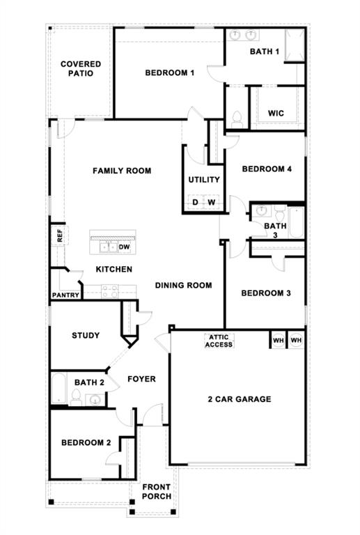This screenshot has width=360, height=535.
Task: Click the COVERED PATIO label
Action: pyautogui.click(x=81, y=68)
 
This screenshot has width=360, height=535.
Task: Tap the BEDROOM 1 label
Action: pyautogui.click(x=170, y=72)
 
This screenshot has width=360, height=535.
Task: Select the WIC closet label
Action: pyautogui.click(x=276, y=114)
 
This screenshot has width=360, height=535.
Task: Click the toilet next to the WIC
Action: pyautogui.click(x=237, y=118)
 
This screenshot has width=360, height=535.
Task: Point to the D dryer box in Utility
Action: pyautogui.click(x=195, y=201)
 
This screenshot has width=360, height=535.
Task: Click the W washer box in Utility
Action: pyautogui.click(x=212, y=201)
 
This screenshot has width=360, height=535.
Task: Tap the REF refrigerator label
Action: pyautogui.click(x=60, y=235)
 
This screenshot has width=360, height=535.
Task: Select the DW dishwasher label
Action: pyautogui.click(x=124, y=247)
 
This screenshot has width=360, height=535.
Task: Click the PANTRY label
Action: pyautogui.click(x=65, y=295)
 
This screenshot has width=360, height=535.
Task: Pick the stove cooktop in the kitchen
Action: pyautogui.click(x=110, y=291)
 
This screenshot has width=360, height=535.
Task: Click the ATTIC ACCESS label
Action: pyautogui.click(x=219, y=341)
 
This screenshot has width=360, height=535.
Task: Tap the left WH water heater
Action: pyautogui.click(x=279, y=340)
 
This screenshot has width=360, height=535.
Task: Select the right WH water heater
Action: pyautogui.click(x=296, y=340)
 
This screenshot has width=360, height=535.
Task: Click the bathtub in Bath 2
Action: pyautogui.click(x=59, y=388)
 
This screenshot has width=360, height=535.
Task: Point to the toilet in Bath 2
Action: pyautogui.click(x=76, y=398)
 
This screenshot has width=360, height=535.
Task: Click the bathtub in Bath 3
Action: pyautogui.click(x=296, y=222)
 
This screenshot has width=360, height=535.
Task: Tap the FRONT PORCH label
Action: pyautogui.click(x=157, y=492)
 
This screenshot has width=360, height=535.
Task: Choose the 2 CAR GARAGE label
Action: pyautogui.click(x=240, y=399)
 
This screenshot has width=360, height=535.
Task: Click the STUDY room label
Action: pyautogui.click(x=86, y=335)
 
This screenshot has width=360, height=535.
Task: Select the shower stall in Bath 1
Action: pyautogui.click(x=295, y=45)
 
